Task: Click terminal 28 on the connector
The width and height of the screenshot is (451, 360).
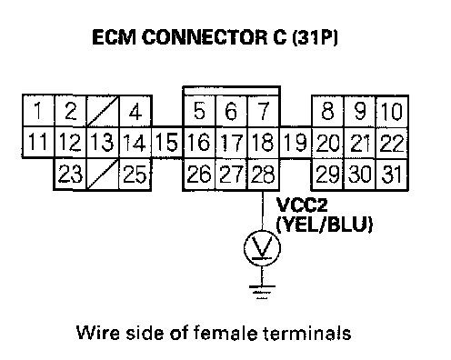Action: (x=263, y=175)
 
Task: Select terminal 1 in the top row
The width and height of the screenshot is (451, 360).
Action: (x=38, y=111)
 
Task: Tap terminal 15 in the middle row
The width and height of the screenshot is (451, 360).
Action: (x=167, y=143)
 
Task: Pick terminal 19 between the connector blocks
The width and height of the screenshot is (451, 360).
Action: (x=296, y=143)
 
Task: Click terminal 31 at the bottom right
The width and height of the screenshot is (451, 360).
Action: (x=392, y=175)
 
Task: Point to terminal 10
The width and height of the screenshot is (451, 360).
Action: (x=392, y=111)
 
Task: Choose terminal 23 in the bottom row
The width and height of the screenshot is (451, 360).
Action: (x=70, y=175)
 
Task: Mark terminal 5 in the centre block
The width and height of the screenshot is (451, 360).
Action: (x=199, y=111)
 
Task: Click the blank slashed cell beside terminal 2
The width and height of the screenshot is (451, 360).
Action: (x=103, y=111)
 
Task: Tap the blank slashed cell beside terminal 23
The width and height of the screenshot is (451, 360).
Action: (x=103, y=175)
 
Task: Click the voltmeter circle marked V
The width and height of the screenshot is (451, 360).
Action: (x=262, y=248)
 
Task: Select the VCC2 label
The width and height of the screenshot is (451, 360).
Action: (x=302, y=205)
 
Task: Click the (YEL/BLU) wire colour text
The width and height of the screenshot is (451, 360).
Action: (x=324, y=225)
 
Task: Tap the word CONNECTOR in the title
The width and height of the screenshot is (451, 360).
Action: (x=205, y=37)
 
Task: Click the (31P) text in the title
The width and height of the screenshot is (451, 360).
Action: (x=315, y=37)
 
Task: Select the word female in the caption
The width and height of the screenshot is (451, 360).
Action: (x=225, y=333)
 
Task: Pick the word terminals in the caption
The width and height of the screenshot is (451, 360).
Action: (x=306, y=333)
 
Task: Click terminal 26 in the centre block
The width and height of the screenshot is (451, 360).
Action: (x=199, y=175)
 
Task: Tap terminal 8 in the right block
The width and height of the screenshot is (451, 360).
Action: (x=328, y=111)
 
